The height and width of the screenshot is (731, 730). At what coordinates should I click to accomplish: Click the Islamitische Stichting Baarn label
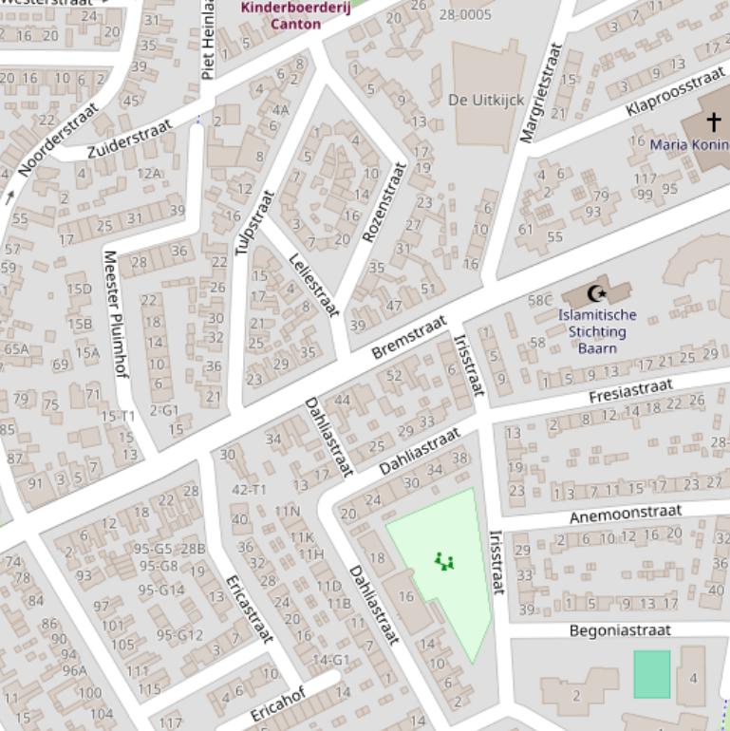[x=597, y=331]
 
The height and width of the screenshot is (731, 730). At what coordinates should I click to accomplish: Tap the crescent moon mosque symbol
[x=597, y=293]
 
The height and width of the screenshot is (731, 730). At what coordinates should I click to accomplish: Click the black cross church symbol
[x=713, y=122]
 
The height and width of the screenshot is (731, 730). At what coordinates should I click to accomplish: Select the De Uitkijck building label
[x=485, y=100]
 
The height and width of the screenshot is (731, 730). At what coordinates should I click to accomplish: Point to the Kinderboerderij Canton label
[x=295, y=15]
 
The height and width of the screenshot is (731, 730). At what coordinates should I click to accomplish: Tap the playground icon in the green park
[x=443, y=562]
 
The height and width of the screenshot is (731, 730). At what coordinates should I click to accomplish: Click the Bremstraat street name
[x=408, y=337]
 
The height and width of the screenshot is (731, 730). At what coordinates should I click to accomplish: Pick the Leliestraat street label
[x=314, y=285]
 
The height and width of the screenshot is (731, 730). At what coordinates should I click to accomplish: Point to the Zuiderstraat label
[x=130, y=139]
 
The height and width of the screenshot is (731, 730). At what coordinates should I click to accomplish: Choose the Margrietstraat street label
[x=542, y=92]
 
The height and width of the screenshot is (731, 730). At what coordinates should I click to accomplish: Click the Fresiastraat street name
[x=630, y=390]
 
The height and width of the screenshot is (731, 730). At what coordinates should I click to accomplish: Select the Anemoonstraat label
[x=625, y=515]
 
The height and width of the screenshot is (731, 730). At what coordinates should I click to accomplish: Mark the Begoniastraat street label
[x=619, y=630]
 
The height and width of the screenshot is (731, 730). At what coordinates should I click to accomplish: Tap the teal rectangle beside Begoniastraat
[x=651, y=674]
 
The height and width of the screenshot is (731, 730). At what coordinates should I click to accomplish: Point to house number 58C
[x=539, y=300]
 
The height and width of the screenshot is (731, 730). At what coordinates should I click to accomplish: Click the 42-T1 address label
[x=249, y=489]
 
